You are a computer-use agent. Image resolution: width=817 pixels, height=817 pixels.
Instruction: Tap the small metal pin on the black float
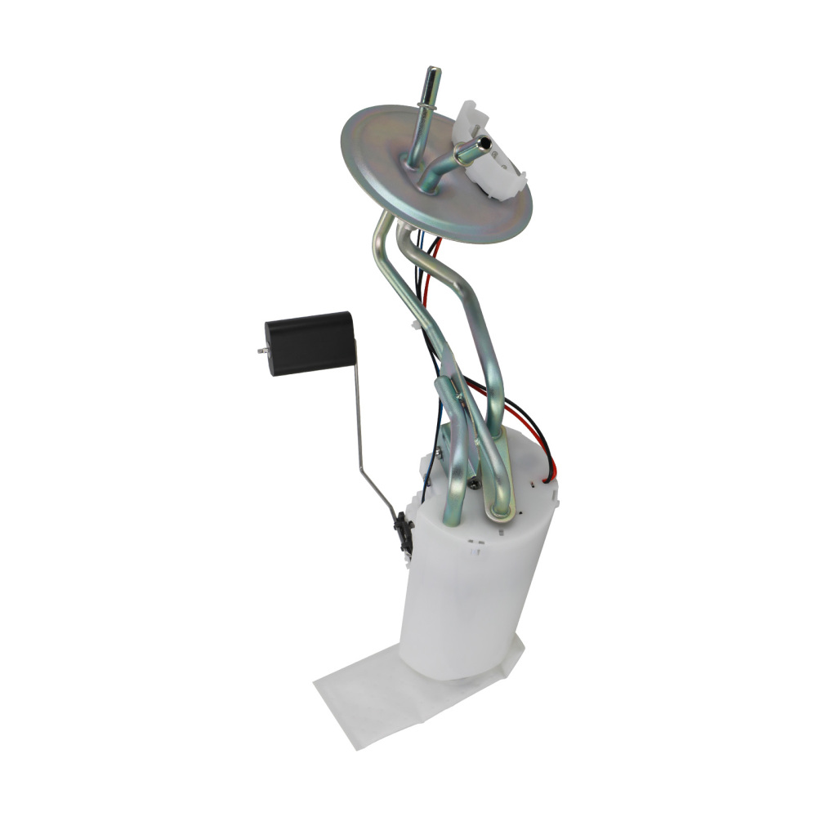pyautogui.click(x=260, y=351)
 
